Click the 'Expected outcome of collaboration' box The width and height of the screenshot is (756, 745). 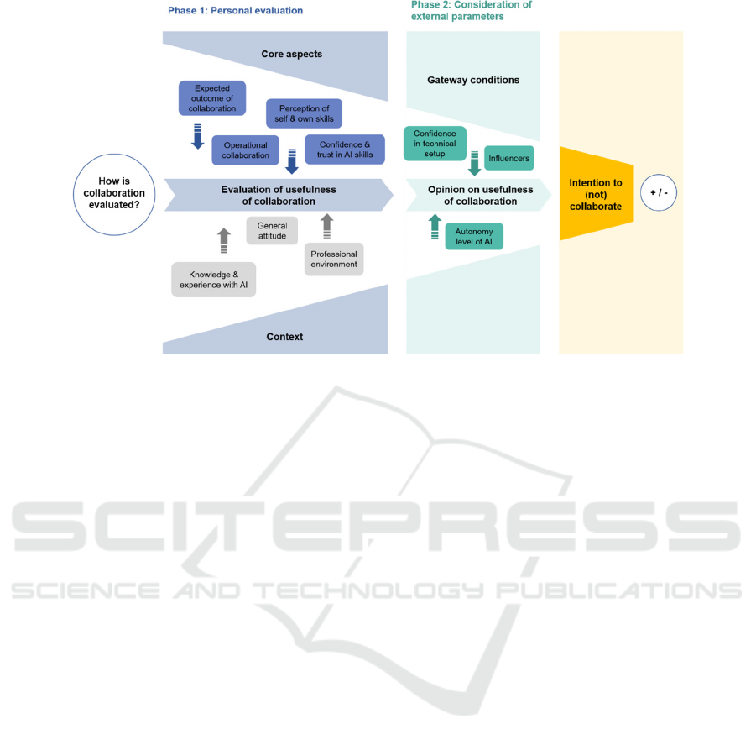212,98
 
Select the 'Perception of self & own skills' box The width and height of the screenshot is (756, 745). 305,113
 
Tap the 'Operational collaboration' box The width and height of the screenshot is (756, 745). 245,150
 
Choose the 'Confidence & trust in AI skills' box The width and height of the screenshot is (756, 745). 345,150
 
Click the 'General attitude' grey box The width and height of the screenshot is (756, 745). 272,231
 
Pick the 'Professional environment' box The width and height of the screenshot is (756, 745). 334,259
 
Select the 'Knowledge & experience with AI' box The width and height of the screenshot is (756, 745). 214,280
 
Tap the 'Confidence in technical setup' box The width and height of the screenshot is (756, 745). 435,144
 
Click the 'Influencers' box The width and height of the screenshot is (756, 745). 508,158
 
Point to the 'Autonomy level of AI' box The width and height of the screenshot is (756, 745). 474,236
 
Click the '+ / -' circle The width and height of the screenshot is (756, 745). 659,192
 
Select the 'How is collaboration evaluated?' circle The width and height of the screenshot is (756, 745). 114,195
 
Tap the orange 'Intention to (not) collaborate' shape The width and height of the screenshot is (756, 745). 597,194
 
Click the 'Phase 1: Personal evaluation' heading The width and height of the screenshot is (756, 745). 235,11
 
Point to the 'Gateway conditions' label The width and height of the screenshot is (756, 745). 473,80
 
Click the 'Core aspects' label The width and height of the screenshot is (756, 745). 292,54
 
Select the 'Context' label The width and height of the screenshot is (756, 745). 284,337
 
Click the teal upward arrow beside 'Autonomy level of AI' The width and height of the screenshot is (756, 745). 435,227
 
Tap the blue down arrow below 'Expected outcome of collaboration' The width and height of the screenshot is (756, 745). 198,137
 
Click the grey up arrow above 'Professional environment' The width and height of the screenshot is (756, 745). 327,226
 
